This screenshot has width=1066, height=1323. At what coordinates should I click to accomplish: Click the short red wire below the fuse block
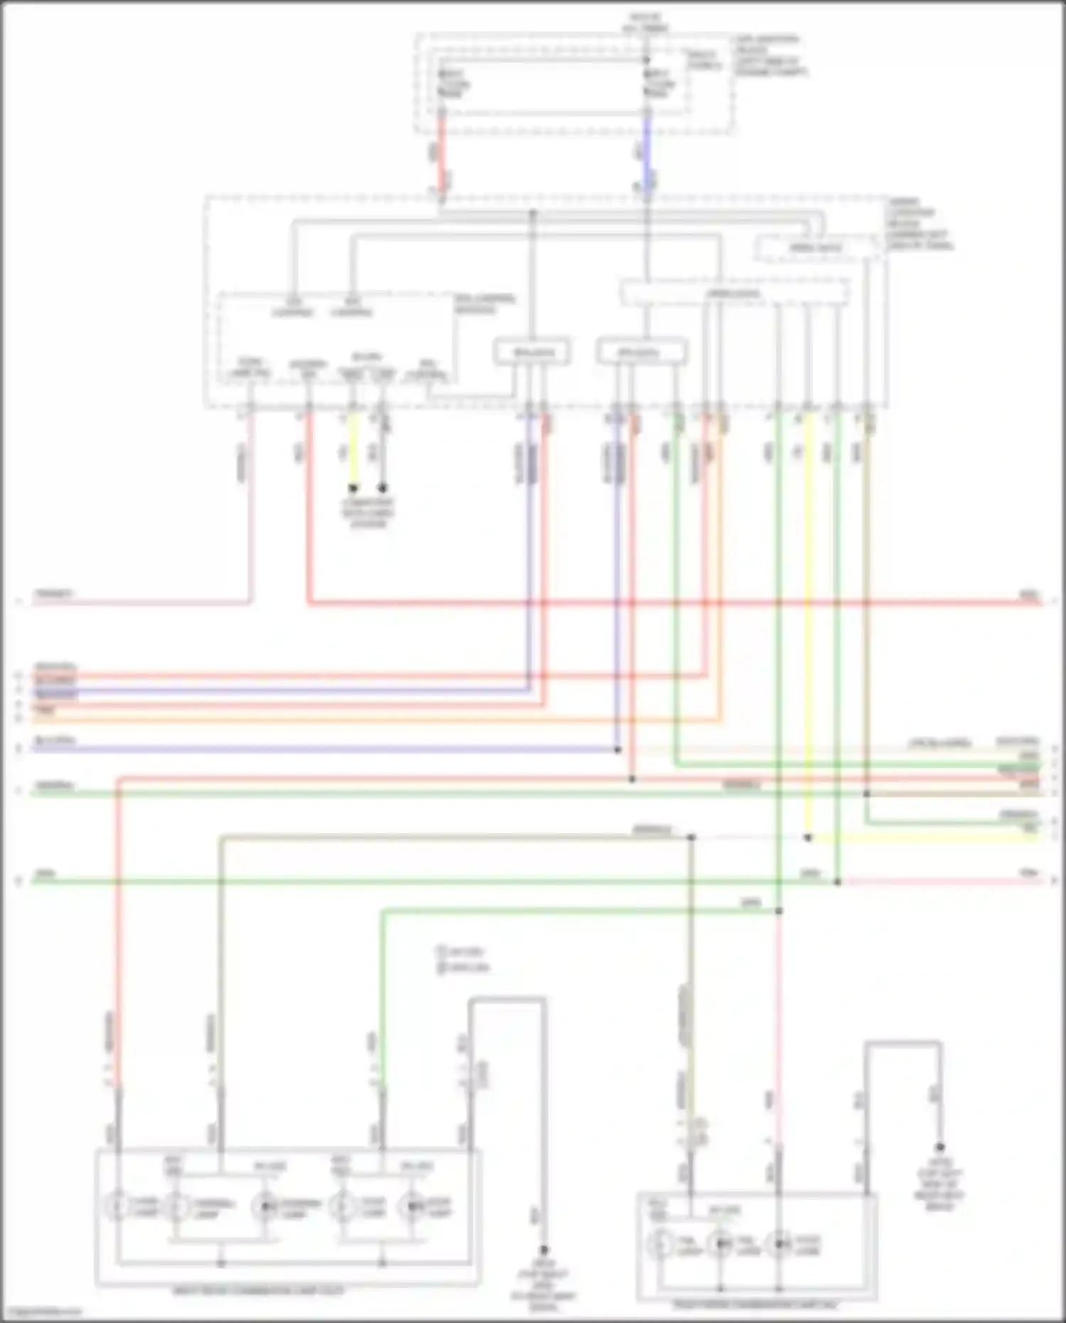[x=441, y=153]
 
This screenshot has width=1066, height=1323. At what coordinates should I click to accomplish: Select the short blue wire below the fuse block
[x=647, y=153]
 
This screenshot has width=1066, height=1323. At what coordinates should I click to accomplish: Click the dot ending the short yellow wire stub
[x=352, y=488]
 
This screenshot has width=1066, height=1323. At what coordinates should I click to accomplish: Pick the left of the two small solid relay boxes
[x=532, y=353]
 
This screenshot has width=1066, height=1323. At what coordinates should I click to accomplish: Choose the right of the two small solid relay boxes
[x=642, y=353]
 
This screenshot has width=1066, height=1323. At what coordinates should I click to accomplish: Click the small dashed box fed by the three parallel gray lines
[x=816, y=249]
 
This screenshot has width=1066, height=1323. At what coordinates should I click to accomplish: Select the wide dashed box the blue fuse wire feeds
[x=734, y=293]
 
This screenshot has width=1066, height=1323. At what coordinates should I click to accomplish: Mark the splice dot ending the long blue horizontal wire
[x=617, y=749]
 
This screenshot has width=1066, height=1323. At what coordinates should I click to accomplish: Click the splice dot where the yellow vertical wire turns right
[x=807, y=838]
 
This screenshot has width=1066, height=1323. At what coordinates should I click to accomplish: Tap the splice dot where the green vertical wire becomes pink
[x=778, y=911]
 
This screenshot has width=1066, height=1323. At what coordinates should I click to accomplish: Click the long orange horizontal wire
[x=355, y=719]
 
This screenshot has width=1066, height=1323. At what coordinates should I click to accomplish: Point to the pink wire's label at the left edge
[x=54, y=594]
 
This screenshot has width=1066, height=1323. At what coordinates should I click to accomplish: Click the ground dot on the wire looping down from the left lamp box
[x=544, y=1249]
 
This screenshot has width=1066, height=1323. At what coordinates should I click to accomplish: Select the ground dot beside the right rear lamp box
[x=940, y=1147]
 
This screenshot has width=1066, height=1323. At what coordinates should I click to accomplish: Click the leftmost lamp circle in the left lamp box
[x=118, y=1206]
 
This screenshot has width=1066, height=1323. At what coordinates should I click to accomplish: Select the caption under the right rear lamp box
[x=756, y=1305]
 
